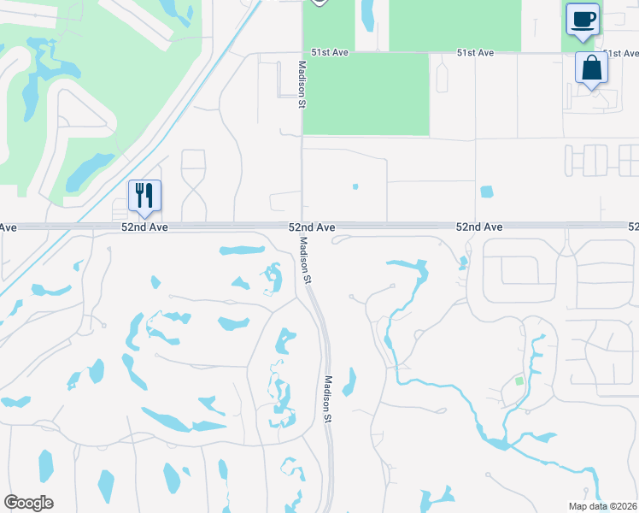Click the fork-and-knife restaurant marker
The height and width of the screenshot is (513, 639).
point(144,195)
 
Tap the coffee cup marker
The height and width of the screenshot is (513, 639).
point(583,20)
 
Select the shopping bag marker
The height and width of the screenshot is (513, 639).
point(591,68)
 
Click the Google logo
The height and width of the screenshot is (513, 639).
point(28,503)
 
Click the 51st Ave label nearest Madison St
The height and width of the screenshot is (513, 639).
point(330,53)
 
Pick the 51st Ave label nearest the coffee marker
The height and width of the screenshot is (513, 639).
point(475,53)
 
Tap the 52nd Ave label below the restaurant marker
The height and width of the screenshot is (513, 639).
point(144,227)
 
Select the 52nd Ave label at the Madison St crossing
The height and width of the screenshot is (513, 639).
point(311,227)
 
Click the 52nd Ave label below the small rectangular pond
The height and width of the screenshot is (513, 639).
point(478,227)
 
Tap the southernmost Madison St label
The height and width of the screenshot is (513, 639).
point(327,399)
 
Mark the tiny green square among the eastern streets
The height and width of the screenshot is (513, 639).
point(518,381)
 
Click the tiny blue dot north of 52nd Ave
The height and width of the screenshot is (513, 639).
point(355,186)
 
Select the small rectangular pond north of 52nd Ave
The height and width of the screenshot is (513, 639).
point(487,192)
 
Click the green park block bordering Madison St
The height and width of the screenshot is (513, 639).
point(366,94)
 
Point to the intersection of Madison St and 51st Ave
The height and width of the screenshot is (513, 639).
point(302,53)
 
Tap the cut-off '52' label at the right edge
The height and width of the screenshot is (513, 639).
point(633,227)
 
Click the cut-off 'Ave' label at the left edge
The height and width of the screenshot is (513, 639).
point(8,227)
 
